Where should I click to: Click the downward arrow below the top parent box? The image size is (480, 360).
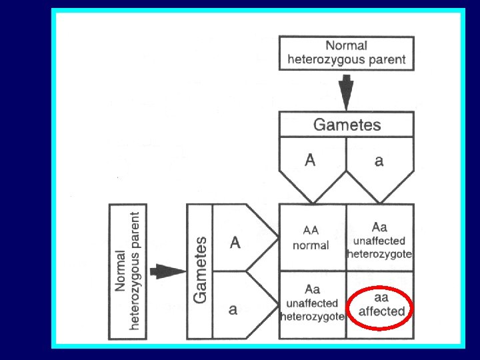click(346, 91)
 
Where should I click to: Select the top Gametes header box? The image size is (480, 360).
click(347, 124)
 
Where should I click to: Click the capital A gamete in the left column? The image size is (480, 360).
click(236, 242)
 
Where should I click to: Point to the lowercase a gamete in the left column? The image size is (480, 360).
click(234, 309)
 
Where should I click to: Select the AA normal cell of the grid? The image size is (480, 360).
click(311, 237)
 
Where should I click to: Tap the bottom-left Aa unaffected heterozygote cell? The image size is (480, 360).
click(311, 304)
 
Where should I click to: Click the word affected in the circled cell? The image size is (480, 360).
click(382, 311)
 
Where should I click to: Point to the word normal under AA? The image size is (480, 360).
click(311, 245)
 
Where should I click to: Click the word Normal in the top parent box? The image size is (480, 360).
click(346, 45)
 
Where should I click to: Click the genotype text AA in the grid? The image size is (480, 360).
click(311, 231)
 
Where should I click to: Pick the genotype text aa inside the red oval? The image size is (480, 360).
click(381, 298)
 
